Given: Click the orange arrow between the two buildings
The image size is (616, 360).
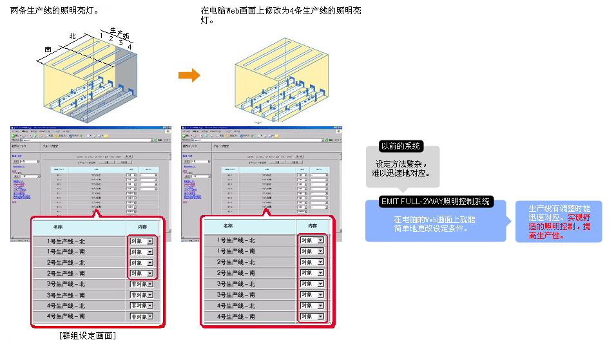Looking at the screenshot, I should [189, 75].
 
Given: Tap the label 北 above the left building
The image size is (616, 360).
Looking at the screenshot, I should [72, 36].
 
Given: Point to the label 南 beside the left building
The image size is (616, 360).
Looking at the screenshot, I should [48, 50].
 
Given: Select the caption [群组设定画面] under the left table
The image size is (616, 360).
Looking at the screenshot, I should [87, 336].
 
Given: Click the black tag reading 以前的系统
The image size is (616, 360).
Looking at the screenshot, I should [400, 146].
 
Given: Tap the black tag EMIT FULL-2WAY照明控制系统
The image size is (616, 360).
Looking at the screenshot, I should [436, 202].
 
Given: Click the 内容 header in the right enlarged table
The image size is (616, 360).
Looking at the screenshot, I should [313, 226].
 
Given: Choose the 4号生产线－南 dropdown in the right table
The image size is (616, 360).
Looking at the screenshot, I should [312, 317].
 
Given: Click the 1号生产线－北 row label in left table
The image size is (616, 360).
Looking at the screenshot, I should [66, 241].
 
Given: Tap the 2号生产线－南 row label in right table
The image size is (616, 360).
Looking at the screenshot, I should [236, 273].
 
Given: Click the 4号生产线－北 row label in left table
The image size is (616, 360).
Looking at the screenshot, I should [66, 306].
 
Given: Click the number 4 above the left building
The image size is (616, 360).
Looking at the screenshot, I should [130, 47].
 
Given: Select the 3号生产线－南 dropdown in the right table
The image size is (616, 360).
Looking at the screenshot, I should [312, 295].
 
